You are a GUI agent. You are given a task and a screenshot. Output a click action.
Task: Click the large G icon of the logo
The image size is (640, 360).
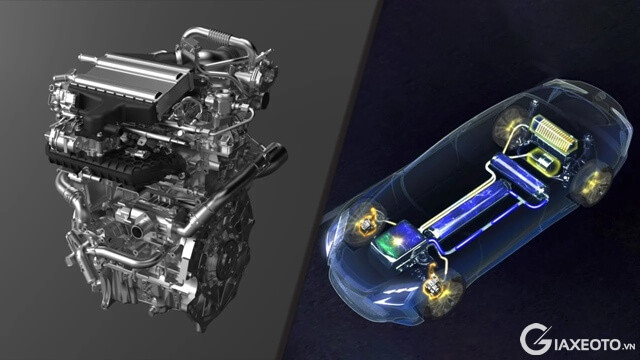[536, 339]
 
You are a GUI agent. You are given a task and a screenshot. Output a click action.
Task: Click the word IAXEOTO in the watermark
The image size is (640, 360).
[586, 344]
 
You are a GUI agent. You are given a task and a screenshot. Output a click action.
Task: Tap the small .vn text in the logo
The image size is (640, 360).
[629, 347]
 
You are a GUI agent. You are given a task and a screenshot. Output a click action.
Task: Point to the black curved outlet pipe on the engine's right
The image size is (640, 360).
[273, 156]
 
